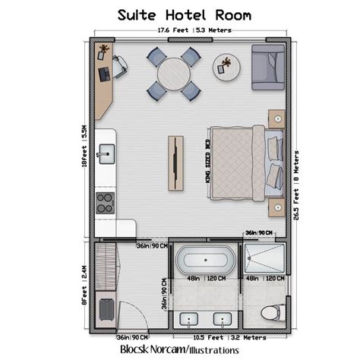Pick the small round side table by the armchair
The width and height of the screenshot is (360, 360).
point(226,65)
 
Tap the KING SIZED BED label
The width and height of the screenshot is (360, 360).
point(207,160)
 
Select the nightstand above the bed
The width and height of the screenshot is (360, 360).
point(275,118)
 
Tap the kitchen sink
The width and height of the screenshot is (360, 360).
point(105,155)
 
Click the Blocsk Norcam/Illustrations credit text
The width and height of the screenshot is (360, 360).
point(180,350)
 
